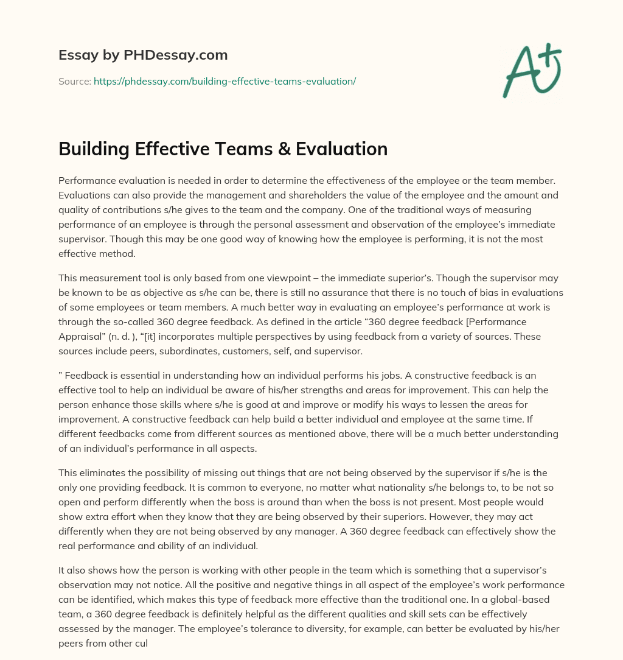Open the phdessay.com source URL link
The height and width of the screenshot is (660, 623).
coord(224,81)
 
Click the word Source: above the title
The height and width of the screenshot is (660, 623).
coord(74,81)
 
